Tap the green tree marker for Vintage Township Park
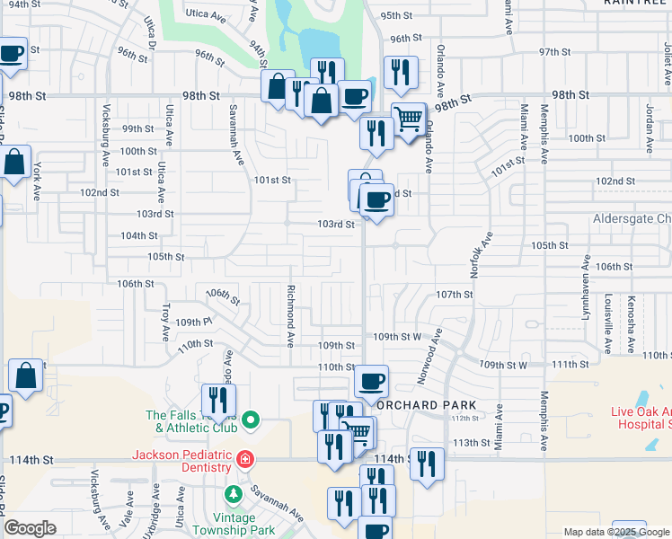tap(234, 495)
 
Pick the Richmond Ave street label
tap(290, 316)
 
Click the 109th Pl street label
tap(193, 321)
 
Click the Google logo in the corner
tap(31, 529)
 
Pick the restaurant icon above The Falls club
tap(218, 400)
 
